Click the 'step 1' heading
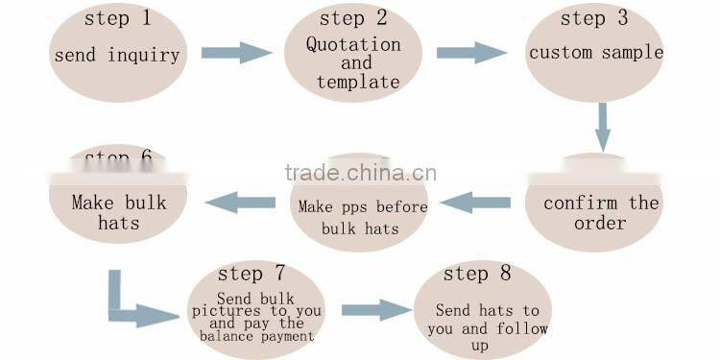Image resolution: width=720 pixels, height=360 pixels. [118, 19]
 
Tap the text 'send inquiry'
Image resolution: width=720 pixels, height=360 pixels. [117, 55]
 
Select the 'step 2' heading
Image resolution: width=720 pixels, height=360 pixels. [355, 19]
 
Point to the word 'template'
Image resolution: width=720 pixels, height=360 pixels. [357, 83]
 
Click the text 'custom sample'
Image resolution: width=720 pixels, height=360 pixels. [596, 53]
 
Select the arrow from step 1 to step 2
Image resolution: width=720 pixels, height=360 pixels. [236, 53]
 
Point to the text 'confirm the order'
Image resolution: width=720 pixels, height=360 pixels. [601, 212]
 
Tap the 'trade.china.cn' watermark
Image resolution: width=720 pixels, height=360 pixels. [360, 174]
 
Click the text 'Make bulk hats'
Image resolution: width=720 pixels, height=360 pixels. [119, 212]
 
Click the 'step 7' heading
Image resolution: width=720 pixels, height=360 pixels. [253, 276]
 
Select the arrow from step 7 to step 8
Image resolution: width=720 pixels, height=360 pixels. [375, 310]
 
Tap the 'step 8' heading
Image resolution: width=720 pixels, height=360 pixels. [477, 275]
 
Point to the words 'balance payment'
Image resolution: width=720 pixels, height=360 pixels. [256, 336]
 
